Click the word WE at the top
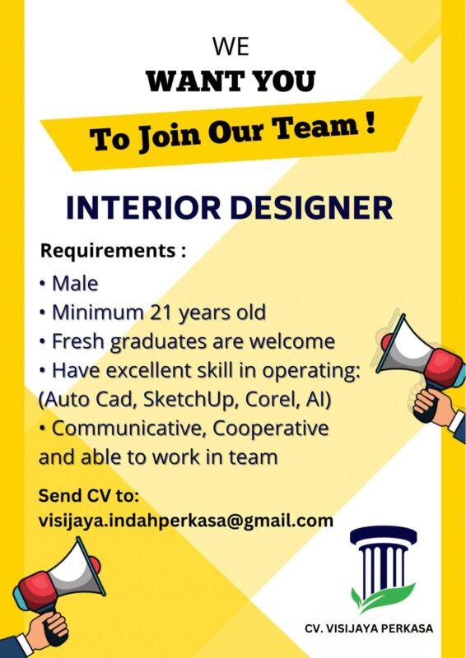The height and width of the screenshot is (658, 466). pyautogui.click(x=231, y=46)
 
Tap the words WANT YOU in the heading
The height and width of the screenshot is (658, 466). pyautogui.click(x=231, y=81)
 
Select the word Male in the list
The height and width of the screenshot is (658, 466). pyautogui.click(x=75, y=284)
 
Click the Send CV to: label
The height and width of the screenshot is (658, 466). pyautogui.click(x=89, y=496)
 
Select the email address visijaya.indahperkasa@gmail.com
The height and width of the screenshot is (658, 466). pyautogui.click(x=186, y=521)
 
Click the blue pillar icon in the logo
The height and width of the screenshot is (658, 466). pyautogui.click(x=378, y=559)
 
